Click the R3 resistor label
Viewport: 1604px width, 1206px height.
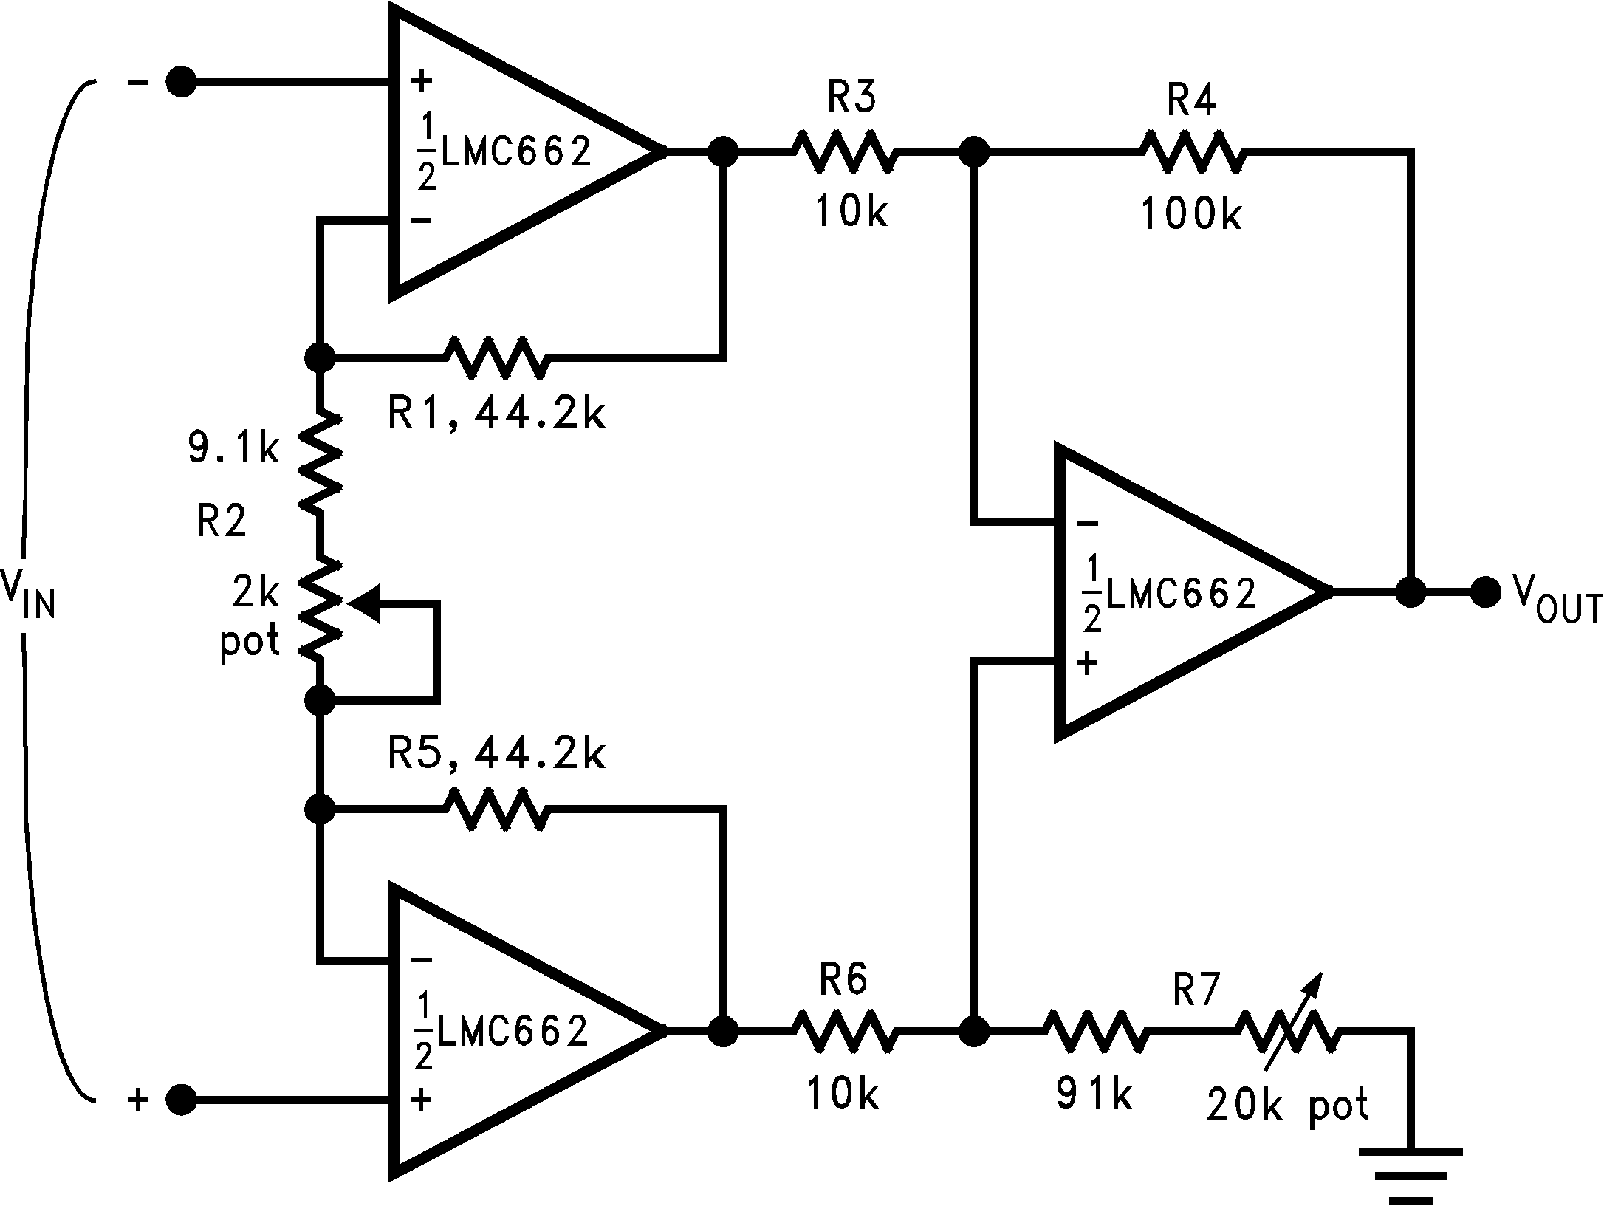coord(851,98)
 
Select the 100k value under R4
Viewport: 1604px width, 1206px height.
coord(1191,215)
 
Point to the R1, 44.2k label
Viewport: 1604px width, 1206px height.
coord(496,414)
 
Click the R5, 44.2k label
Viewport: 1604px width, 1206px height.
coord(496,755)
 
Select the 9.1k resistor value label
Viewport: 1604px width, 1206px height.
coord(233,448)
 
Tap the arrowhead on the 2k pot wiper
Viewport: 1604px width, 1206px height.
coord(366,603)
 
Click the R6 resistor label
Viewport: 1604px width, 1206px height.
coord(844,980)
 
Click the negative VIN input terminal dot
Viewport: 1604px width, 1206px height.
coord(181,83)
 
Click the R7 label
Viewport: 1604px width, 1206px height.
coord(1197,990)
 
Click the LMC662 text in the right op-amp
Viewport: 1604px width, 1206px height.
coord(1182,593)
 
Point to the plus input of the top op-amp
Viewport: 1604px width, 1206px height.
coord(422,81)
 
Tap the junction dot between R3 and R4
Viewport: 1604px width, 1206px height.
coord(975,153)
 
